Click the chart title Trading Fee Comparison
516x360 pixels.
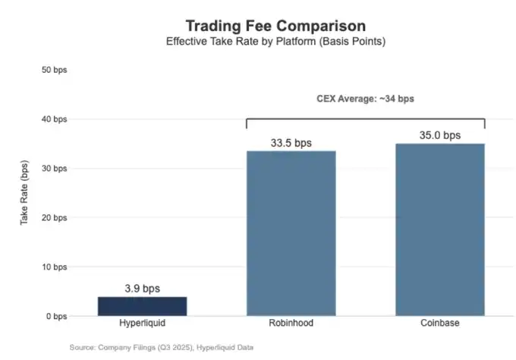275,26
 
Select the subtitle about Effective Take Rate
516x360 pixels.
275,42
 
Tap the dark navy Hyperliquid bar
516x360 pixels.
142,306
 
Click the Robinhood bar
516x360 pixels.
291,232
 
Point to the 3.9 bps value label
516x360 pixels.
142,289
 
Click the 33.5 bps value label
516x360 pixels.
291,143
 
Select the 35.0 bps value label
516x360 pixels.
440,135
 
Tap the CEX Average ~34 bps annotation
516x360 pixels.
365,98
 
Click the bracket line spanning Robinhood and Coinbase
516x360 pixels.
365,118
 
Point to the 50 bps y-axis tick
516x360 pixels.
54,70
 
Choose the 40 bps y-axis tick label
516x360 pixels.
54,119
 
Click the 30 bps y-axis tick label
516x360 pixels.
54,169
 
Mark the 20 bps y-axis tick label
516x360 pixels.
54,218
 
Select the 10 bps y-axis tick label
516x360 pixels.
54,267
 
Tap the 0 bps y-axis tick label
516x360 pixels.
56,317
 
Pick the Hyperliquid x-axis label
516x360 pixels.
142,324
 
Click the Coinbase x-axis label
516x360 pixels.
440,324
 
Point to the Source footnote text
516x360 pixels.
161,346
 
